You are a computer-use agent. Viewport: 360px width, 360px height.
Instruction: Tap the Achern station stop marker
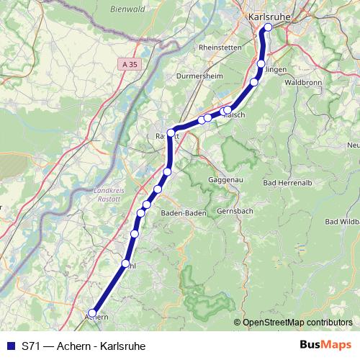(x=91, y=313)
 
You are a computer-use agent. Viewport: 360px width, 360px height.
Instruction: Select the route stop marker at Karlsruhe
(x=268, y=28)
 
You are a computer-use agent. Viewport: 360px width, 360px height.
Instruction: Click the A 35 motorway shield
(x=127, y=64)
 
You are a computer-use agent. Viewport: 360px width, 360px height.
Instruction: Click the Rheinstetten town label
(x=221, y=48)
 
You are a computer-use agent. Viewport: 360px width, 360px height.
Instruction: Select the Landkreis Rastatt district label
(x=109, y=193)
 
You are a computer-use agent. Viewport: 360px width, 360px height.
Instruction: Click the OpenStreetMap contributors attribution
(x=297, y=323)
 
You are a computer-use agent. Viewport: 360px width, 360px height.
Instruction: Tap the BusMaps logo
(x=325, y=345)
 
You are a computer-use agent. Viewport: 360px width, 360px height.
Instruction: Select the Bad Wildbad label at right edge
(x=343, y=221)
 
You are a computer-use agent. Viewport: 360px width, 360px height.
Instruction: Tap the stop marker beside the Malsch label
(x=227, y=110)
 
